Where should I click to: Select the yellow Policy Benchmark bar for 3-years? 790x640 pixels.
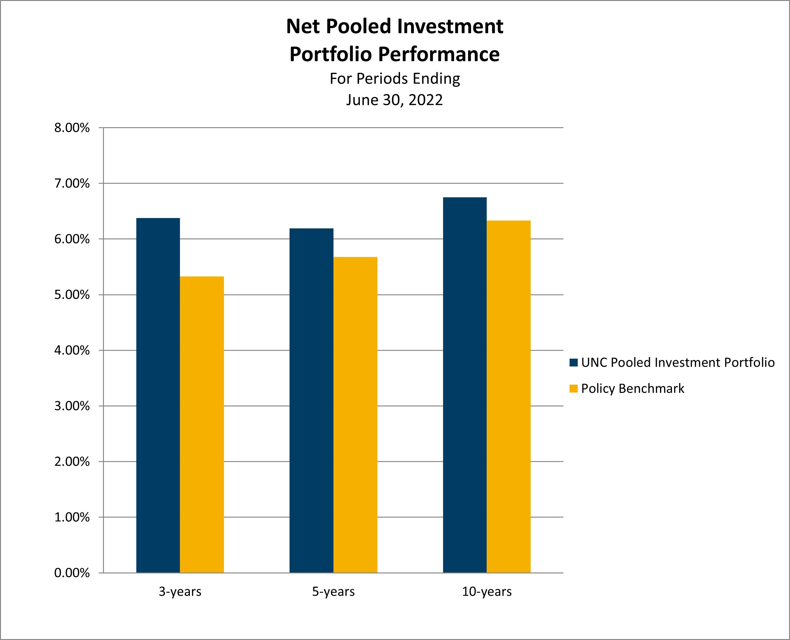click(x=202, y=424)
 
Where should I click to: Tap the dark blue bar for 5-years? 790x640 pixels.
click(x=311, y=400)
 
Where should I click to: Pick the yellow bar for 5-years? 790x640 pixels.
click(x=355, y=415)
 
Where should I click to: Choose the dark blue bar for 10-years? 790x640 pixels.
click(x=464, y=385)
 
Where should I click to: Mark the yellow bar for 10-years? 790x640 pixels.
click(x=508, y=397)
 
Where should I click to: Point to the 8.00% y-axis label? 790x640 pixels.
click(x=72, y=128)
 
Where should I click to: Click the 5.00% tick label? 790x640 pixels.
click(x=72, y=295)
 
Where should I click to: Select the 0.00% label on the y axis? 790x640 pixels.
click(x=72, y=573)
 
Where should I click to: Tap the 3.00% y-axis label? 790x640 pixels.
click(x=72, y=406)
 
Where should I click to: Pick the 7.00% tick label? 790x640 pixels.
click(x=72, y=184)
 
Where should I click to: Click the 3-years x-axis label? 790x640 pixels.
click(x=180, y=592)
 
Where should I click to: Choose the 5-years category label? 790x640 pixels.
click(x=333, y=592)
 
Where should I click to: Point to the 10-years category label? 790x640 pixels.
click(x=487, y=592)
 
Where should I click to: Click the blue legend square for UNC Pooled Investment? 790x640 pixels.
click(x=573, y=363)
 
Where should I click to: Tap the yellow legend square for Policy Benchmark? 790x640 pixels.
click(x=573, y=388)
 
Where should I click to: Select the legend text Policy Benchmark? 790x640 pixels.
click(x=633, y=388)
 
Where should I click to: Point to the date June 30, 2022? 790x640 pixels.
click(x=394, y=100)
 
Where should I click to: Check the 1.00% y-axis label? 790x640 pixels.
click(x=72, y=517)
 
